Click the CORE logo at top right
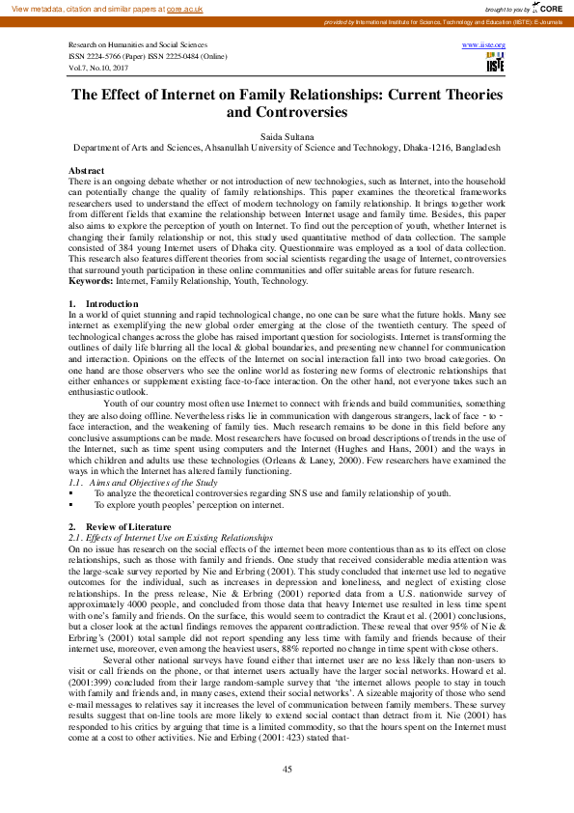(x=549, y=8)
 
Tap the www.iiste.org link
(x=483, y=45)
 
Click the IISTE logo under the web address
(x=495, y=65)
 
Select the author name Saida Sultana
(x=287, y=137)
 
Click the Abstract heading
(x=87, y=170)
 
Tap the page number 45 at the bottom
(x=287, y=768)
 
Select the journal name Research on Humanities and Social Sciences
(x=138, y=45)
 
